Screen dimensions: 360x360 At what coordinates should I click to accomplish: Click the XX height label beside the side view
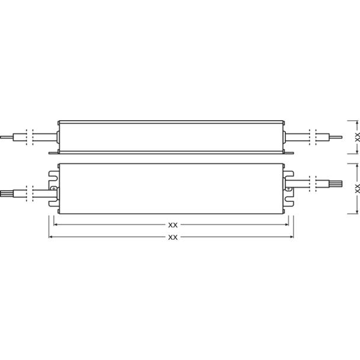point(357,137)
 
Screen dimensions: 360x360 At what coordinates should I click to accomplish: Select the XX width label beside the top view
point(357,188)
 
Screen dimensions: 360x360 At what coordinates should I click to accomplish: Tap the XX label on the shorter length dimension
point(173,225)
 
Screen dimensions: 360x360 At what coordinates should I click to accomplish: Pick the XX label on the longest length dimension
point(173,237)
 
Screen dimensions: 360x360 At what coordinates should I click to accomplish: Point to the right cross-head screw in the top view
point(289,189)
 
